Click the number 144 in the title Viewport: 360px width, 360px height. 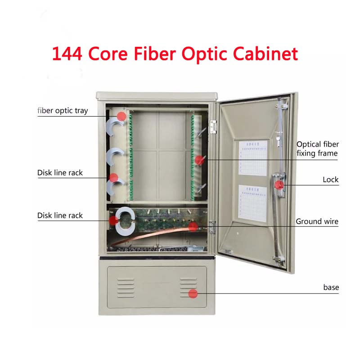click(67, 54)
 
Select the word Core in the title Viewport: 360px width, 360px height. click(107, 54)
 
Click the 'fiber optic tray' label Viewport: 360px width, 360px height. click(63, 111)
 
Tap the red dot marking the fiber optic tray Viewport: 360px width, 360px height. click(121, 116)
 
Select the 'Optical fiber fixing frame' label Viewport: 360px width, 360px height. click(317, 149)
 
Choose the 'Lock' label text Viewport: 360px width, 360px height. click(330, 180)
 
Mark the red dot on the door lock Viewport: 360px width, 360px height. click(279, 184)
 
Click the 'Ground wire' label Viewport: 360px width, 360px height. click(317, 221)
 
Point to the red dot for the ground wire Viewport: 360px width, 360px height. click(193, 226)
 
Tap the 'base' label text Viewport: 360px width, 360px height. click(331, 288)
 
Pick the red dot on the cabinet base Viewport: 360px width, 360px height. click(193, 294)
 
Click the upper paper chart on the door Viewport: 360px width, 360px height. click(252, 158)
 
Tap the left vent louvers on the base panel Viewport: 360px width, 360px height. click(126, 288)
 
